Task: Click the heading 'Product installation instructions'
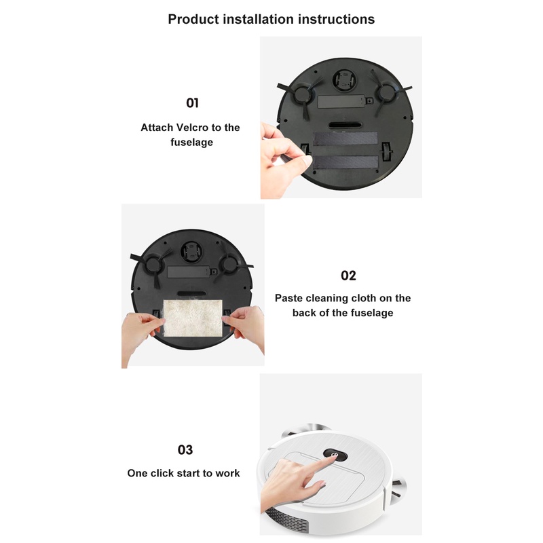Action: tap(271, 19)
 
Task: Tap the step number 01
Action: tap(192, 103)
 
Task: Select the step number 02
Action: tap(348, 276)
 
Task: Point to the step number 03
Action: tap(184, 450)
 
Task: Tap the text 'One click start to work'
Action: tap(183, 473)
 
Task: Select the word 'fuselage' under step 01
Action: tap(191, 143)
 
